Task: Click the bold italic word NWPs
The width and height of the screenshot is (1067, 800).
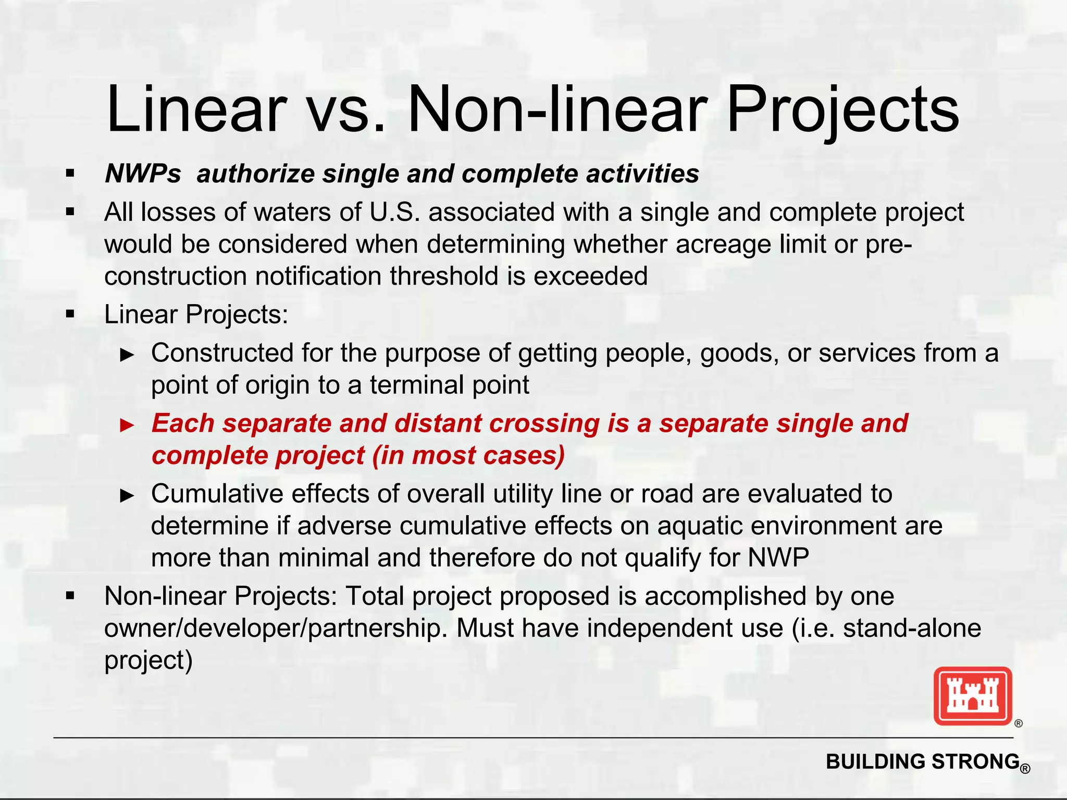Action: [143, 174]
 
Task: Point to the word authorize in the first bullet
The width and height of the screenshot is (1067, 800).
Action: [255, 174]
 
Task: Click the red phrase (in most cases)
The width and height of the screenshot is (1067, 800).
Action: [468, 455]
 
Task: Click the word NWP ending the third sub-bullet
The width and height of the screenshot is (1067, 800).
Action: [778, 558]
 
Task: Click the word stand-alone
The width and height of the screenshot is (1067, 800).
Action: [912, 628]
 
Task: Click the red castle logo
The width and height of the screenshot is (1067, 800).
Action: [973, 696]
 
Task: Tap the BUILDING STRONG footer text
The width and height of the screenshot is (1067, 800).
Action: [922, 762]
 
